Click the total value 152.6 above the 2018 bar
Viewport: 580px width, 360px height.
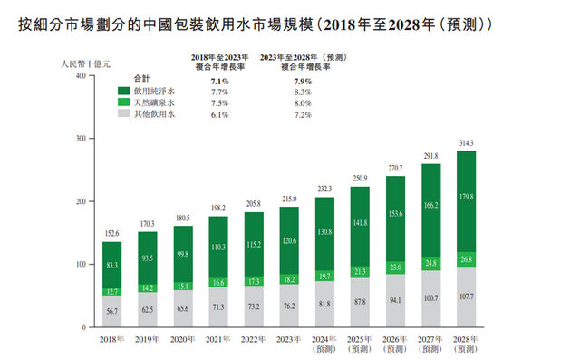(x=111, y=233)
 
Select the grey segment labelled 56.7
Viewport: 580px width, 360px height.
(x=111, y=310)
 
